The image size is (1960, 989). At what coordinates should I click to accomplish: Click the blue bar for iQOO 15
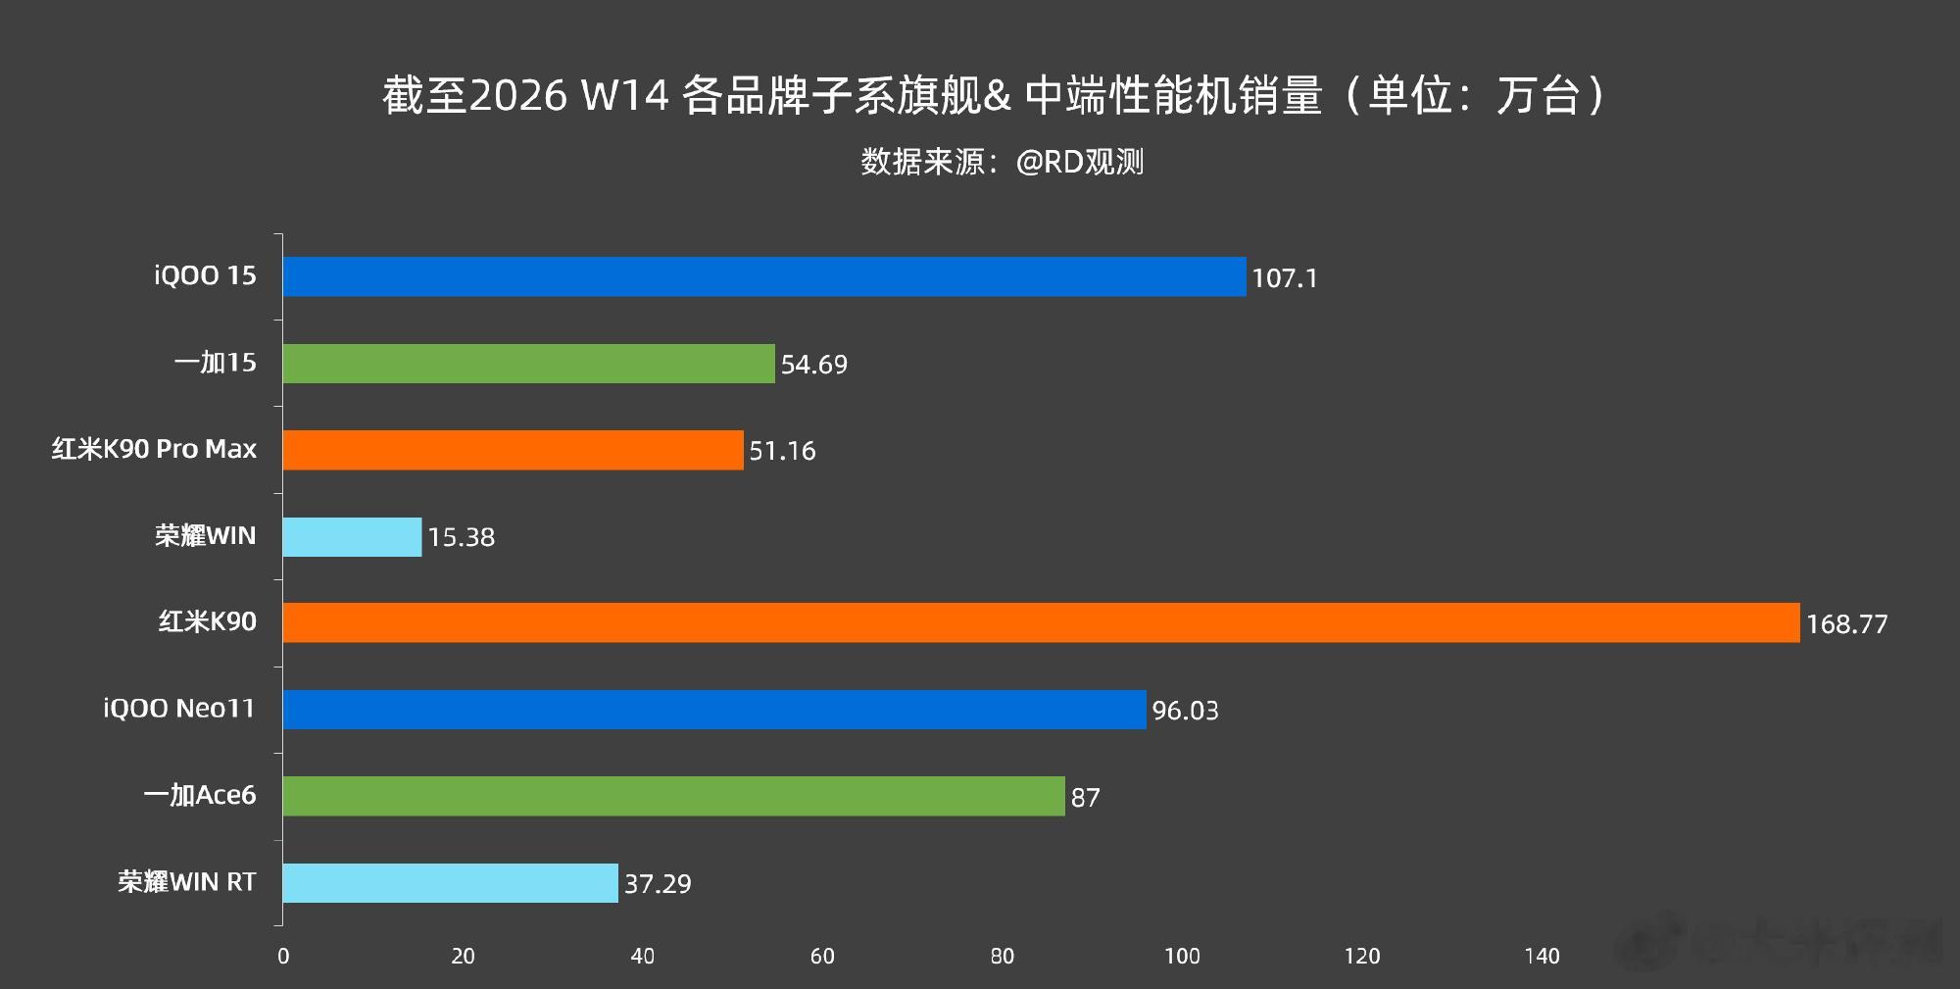pyautogui.click(x=764, y=276)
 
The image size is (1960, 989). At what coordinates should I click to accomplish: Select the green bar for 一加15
pyautogui.click(x=528, y=364)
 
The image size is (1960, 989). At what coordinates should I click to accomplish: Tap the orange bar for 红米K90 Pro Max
pyautogui.click(x=513, y=450)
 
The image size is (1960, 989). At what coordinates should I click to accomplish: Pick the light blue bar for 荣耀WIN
pyautogui.click(x=352, y=537)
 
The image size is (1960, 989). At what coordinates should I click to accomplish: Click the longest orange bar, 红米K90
pyautogui.click(x=1041, y=622)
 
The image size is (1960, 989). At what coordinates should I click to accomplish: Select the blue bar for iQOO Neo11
pyautogui.click(x=714, y=710)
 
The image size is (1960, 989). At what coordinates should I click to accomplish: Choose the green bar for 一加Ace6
pyautogui.click(x=673, y=796)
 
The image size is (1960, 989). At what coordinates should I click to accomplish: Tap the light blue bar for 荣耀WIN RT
pyautogui.click(x=450, y=882)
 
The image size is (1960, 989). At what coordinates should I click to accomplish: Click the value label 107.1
pyautogui.click(x=1284, y=278)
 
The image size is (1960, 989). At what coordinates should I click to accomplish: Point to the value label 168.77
pyautogui.click(x=1846, y=624)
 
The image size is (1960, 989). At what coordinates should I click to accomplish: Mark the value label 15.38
pyautogui.click(x=461, y=537)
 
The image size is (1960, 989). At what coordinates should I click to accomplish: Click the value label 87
pyautogui.click(x=1085, y=798)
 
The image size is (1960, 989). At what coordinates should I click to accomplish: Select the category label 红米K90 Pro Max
pyautogui.click(x=154, y=449)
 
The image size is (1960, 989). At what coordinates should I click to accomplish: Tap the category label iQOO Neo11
pyautogui.click(x=179, y=708)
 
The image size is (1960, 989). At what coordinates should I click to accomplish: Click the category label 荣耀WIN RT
pyautogui.click(x=186, y=882)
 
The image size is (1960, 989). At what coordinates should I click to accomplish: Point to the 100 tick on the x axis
pyautogui.click(x=1182, y=957)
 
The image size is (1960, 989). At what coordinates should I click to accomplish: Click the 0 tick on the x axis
pyautogui.click(x=283, y=957)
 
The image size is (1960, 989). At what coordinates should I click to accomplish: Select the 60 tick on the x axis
pyautogui.click(x=822, y=957)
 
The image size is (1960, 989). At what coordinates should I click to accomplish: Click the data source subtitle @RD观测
pyautogui.click(x=1079, y=162)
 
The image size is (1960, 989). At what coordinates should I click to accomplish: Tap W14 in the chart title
pyautogui.click(x=625, y=95)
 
